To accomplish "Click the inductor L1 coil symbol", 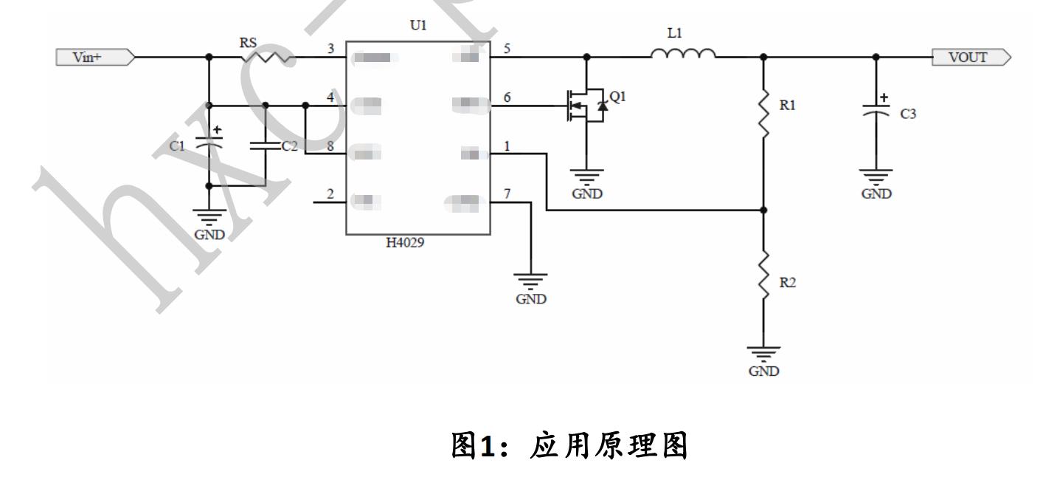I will (682, 53).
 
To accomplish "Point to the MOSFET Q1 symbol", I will (586, 107).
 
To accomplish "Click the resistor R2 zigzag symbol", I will (763, 275).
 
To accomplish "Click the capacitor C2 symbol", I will (265, 145).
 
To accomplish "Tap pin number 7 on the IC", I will (507, 193).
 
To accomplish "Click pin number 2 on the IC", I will (330, 193).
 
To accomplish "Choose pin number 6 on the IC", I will (507, 97).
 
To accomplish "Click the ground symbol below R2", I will (763, 353).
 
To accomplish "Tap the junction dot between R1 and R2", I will (763, 210).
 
